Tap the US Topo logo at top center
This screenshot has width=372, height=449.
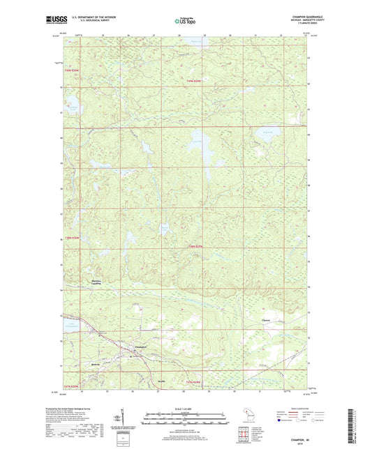click(186, 22)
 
